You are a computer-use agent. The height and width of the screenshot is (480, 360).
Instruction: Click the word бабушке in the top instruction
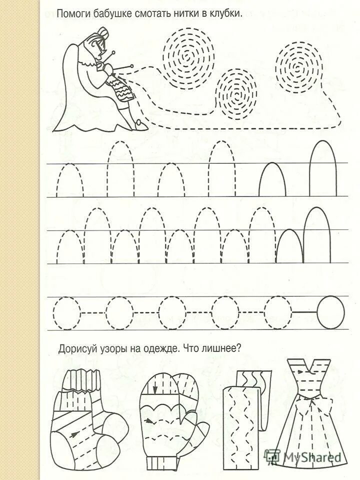click(112, 14)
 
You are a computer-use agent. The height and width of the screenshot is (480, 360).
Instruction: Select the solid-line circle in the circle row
click(331, 313)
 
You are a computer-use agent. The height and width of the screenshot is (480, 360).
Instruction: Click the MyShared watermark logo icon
click(273, 456)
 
